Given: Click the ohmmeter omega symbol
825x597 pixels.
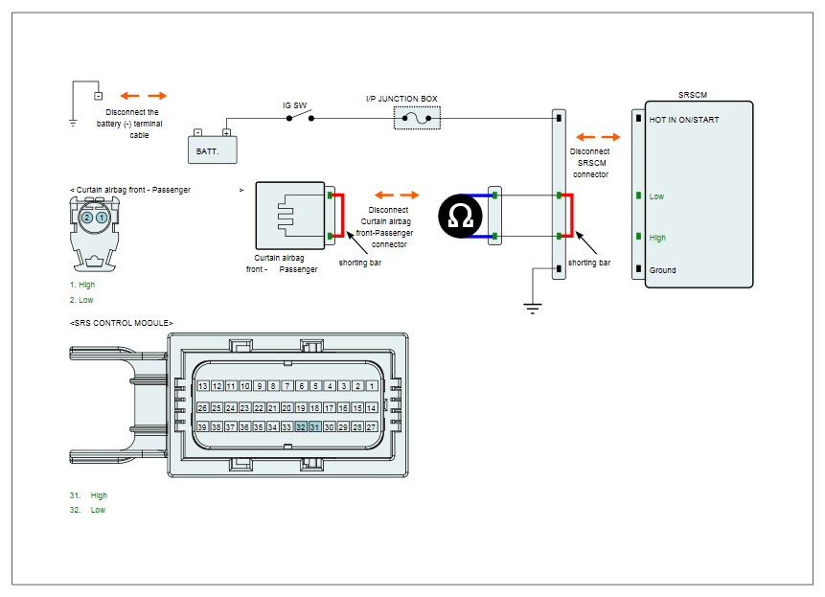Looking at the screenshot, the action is (x=460, y=217).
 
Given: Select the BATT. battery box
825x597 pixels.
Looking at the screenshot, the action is (x=213, y=149).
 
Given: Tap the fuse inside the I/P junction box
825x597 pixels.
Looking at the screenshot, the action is (x=417, y=119).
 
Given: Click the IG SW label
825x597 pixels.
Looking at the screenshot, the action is (x=295, y=105).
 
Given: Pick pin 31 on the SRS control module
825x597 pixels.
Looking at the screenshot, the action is (x=314, y=427).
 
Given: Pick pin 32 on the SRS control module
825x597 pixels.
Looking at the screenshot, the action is (x=301, y=427).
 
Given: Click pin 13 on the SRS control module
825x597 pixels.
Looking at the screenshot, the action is (x=202, y=386).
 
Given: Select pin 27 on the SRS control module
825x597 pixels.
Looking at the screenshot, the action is (x=371, y=427).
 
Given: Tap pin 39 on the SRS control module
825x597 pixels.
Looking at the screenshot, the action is (x=202, y=427).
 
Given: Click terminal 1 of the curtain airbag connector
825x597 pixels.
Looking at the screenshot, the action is (x=102, y=218).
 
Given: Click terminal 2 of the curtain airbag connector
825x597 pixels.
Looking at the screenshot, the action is (x=87, y=218).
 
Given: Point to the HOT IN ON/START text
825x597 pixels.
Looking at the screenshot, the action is (x=684, y=120).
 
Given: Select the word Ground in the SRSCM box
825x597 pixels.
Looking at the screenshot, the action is (x=662, y=270).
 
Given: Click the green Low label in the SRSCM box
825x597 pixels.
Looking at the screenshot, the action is (x=656, y=196).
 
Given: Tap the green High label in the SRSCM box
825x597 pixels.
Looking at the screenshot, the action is (x=657, y=238).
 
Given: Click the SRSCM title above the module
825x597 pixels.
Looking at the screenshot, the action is (x=693, y=95).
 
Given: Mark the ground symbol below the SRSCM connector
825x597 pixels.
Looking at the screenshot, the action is (x=533, y=308).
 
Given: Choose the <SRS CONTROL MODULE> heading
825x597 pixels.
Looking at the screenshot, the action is (x=122, y=323).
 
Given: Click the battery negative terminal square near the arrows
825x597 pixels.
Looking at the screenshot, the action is (x=99, y=96).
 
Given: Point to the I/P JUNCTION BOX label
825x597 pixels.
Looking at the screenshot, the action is (x=401, y=99).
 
